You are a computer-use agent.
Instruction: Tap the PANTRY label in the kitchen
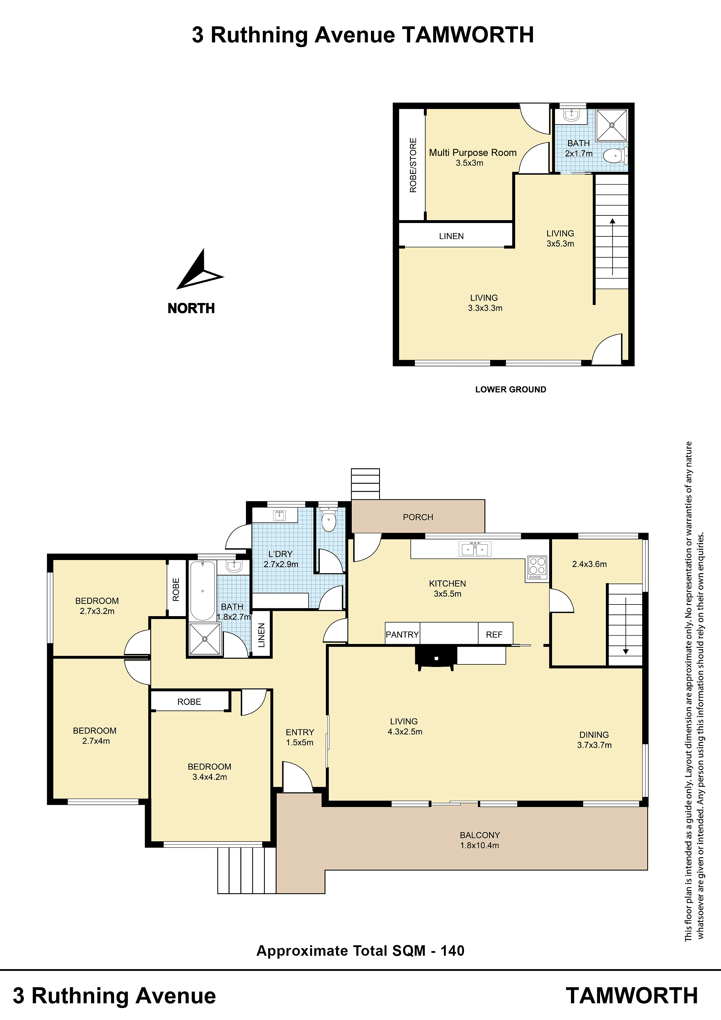point(402,635)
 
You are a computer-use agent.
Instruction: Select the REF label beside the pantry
point(494,635)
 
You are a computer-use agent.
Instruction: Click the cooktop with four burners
point(537,568)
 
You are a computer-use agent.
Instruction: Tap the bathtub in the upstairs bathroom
point(203,591)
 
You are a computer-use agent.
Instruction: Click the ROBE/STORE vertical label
point(413,165)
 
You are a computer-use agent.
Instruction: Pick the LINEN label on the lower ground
point(451,236)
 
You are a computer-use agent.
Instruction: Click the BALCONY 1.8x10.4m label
point(480,840)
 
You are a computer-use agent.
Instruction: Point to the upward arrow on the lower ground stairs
point(613,247)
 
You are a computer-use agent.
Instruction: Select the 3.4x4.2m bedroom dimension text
point(210,777)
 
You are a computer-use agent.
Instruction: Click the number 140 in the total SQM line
point(452,951)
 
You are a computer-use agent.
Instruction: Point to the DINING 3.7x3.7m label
point(595,740)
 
